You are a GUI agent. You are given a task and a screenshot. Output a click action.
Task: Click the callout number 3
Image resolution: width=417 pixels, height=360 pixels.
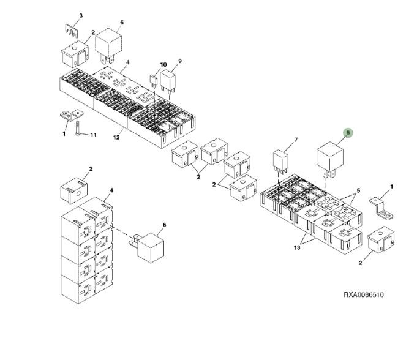(x=81, y=15)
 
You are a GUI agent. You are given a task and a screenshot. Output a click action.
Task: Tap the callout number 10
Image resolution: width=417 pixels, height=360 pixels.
(x=163, y=64)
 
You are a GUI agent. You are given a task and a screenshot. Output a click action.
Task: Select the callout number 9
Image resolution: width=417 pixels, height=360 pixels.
(x=180, y=61)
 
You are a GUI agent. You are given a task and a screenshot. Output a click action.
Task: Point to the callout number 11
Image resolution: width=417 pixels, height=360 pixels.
(x=94, y=135)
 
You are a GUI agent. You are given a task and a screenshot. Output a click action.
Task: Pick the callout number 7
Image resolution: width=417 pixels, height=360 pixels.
(x=295, y=140)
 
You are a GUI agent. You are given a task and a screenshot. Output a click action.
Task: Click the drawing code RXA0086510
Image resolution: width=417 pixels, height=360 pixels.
(x=363, y=294)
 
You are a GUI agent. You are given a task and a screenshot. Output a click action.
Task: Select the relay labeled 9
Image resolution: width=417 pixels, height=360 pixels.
(x=168, y=81)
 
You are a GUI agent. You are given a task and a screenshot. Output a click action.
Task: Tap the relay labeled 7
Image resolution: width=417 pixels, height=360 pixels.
(x=280, y=162)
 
